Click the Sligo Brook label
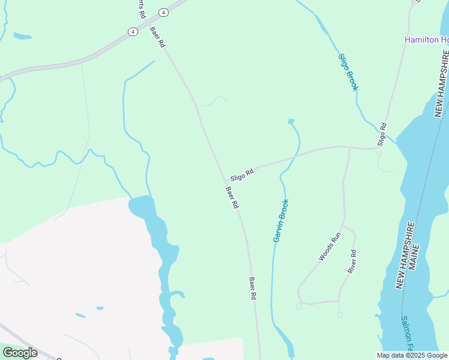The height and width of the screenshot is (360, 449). click(348, 72)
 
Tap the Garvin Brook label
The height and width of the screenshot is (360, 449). click(281, 220)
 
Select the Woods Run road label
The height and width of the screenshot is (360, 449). click(330, 246)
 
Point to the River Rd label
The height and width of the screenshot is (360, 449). click(353, 262)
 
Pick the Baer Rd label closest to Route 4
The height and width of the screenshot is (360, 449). click(157, 38)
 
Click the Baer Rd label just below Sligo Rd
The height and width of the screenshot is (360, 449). click(232, 198)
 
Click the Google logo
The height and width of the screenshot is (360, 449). click(19, 352)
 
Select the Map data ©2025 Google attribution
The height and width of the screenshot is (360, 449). click(412, 355)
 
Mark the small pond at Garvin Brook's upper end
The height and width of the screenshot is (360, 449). click(291, 122)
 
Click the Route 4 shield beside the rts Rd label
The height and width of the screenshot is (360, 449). click(163, 13)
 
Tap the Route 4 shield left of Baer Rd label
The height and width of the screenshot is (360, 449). click(132, 31)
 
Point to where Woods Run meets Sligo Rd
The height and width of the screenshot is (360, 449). click(349, 147)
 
